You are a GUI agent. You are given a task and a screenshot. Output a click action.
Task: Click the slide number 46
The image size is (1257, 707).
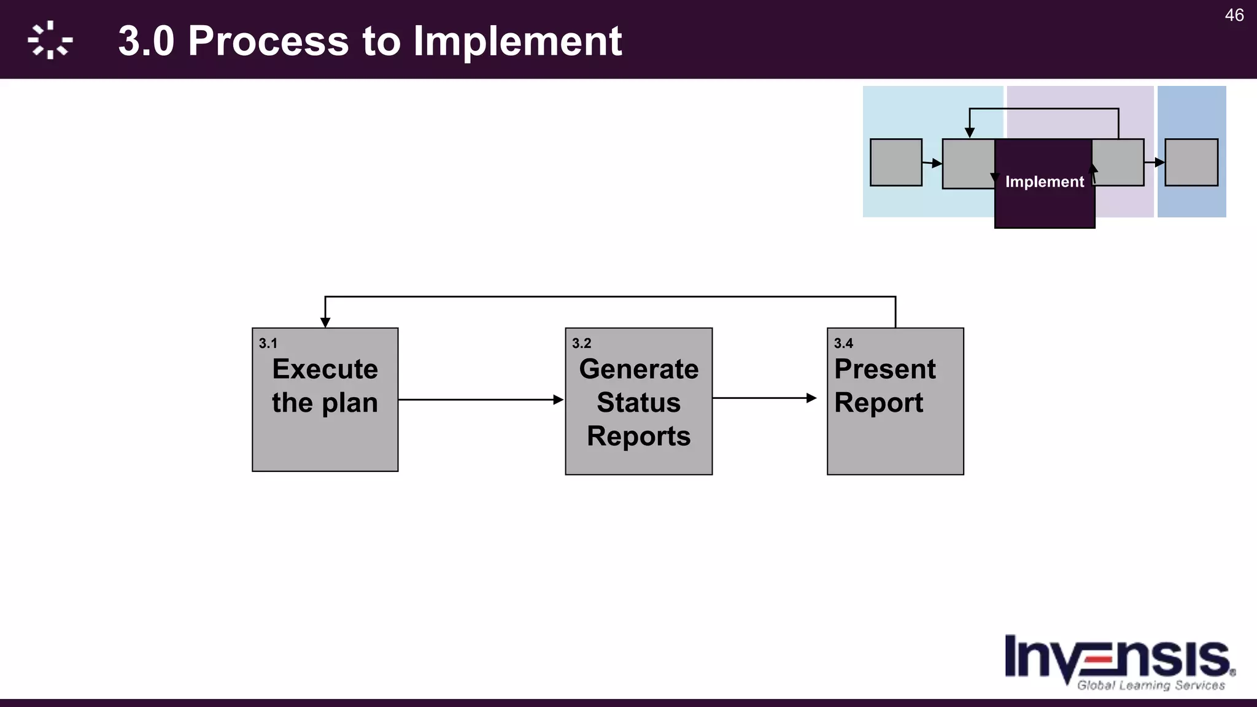[x=1234, y=15]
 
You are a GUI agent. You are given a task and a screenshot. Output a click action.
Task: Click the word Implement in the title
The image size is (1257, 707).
[x=517, y=41]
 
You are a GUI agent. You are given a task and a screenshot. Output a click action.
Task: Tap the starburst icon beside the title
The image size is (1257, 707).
[x=50, y=41]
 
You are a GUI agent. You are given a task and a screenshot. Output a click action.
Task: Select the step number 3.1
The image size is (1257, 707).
[x=268, y=344]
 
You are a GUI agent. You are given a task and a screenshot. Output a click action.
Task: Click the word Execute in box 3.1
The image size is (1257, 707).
[x=325, y=369]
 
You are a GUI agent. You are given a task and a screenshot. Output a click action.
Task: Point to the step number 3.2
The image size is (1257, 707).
[x=581, y=344]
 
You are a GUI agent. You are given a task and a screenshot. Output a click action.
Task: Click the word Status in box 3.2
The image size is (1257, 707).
[x=638, y=403]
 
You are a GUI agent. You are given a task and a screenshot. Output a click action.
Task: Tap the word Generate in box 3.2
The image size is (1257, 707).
[x=638, y=369]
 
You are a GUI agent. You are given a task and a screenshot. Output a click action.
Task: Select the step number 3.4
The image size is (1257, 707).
[x=843, y=344]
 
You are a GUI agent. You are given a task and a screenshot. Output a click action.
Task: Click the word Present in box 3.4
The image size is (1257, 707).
[x=884, y=369]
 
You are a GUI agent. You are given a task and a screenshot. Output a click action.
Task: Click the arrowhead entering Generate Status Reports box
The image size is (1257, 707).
[x=558, y=400]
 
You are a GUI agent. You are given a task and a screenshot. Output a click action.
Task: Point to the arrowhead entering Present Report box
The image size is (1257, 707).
[x=811, y=398]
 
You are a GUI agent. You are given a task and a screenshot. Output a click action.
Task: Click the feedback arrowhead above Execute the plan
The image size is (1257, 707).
[x=325, y=322]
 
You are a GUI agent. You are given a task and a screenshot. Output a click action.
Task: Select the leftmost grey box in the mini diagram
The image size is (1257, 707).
[x=895, y=163]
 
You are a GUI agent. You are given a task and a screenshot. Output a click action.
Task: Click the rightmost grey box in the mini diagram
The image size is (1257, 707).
[x=1191, y=163]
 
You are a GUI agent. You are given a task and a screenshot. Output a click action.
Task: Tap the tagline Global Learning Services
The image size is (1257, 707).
[x=1151, y=686]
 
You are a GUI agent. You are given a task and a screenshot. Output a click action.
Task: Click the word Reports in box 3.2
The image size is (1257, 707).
[x=638, y=436]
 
